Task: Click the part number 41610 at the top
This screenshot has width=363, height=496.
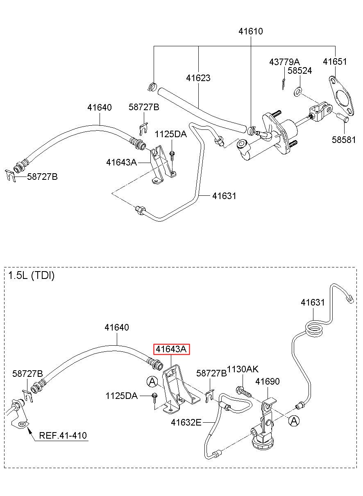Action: (250, 31)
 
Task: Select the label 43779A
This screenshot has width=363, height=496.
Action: (284, 62)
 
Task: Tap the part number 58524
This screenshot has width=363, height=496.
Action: (299, 70)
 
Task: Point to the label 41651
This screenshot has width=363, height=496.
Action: (335, 61)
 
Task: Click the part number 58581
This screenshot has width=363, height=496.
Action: (344, 140)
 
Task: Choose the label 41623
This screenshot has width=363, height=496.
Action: (198, 78)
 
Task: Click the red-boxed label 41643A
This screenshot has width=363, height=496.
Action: (171, 349)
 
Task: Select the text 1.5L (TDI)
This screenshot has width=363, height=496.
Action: (31, 276)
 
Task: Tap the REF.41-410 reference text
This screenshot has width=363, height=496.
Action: (63, 435)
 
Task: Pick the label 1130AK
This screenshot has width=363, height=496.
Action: (243, 369)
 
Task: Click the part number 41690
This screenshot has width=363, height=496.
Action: (268, 381)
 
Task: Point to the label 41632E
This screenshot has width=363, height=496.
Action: (186, 423)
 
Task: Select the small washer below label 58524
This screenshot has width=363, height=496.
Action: (297, 92)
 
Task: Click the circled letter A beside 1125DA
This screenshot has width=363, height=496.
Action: (152, 381)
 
